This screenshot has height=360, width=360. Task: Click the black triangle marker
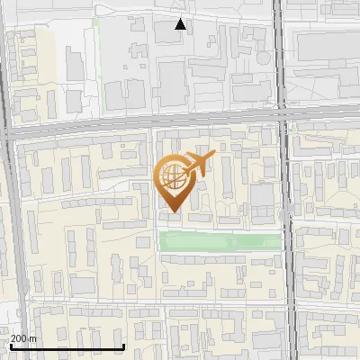click(x=181, y=24)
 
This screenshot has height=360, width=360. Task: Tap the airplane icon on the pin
click(x=198, y=165)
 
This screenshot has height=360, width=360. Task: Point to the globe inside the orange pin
click(x=173, y=177)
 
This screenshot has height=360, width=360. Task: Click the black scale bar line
click(x=67, y=346)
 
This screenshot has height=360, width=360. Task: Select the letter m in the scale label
click(x=32, y=338)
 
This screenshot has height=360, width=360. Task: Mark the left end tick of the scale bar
click(x=10, y=345)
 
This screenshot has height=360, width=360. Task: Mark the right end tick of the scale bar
click(x=123, y=345)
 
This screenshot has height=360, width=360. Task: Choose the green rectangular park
click(x=220, y=240)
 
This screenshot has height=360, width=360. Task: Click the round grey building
click(x=141, y=242)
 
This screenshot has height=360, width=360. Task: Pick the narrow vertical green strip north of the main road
click(x=94, y=54)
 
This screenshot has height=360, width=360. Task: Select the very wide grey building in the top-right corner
click(x=328, y=45)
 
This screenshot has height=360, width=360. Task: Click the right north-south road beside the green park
click(x=286, y=240)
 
